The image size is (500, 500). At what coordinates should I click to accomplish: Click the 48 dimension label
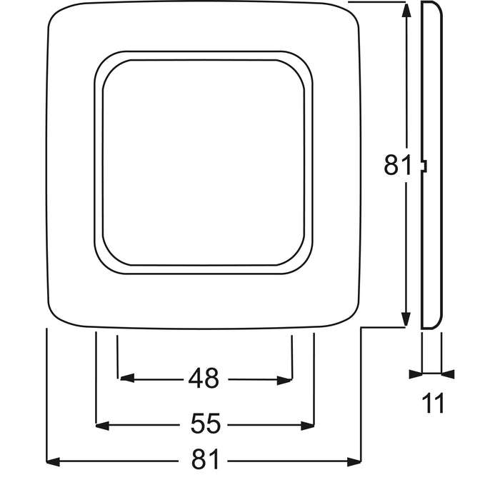click(204, 379)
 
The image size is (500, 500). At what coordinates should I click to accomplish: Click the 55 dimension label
click(205, 425)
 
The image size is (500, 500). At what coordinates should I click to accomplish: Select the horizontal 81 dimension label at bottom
click(205, 461)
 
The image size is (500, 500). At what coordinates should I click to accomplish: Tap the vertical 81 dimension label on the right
click(397, 166)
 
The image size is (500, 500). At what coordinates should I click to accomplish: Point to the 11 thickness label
click(431, 404)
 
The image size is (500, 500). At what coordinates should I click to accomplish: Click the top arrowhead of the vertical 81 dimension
click(406, 11)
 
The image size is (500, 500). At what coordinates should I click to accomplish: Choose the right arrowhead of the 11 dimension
click(448, 373)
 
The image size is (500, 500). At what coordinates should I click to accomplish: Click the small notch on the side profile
click(424, 166)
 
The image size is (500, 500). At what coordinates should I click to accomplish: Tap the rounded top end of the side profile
click(431, 6)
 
